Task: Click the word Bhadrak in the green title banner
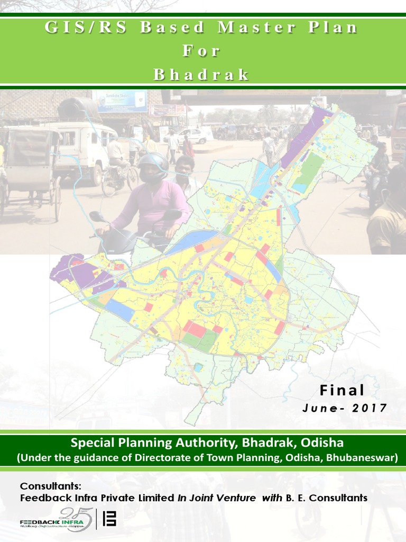click(x=201, y=75)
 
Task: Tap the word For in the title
click(x=201, y=51)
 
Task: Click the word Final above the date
click(x=342, y=391)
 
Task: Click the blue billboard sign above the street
click(x=120, y=101)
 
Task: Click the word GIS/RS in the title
click(x=78, y=28)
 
